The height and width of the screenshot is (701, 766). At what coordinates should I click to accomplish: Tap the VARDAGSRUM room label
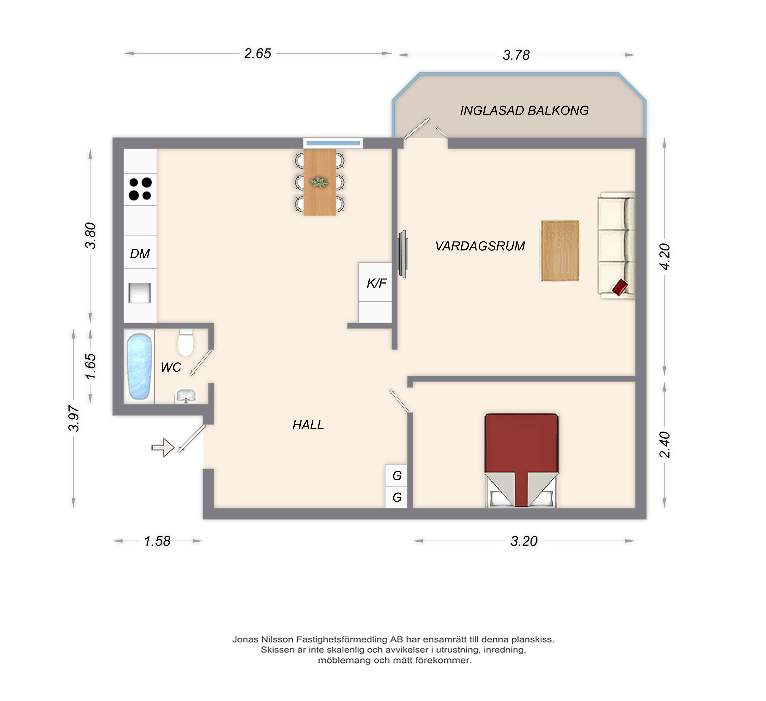(x=480, y=246)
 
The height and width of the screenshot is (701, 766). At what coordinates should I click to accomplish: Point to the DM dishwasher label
(x=140, y=253)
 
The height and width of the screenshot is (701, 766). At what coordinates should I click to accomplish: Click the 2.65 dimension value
(x=258, y=54)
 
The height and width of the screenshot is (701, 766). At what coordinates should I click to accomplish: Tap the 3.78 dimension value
(x=516, y=55)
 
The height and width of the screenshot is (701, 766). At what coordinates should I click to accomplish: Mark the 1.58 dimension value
(x=157, y=541)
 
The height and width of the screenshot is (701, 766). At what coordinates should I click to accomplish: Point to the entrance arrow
(x=163, y=448)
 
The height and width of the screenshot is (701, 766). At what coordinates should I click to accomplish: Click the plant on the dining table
(x=319, y=182)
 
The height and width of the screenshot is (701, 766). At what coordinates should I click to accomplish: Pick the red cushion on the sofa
(x=620, y=287)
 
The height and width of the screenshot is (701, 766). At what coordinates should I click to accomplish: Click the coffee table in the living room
(x=560, y=251)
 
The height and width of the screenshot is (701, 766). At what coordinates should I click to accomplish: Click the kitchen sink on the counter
(x=139, y=293)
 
